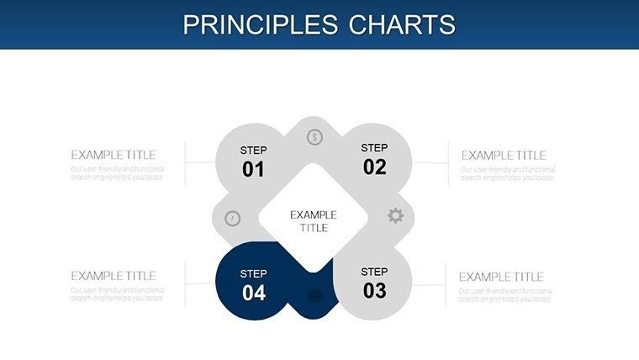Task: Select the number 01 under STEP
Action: coord(253,169)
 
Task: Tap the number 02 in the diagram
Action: coord(374,167)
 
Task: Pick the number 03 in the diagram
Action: coord(374,290)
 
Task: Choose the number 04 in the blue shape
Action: coord(253,292)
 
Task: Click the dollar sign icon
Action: coord(314,136)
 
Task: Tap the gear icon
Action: coord(395,215)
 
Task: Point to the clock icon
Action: coord(233,219)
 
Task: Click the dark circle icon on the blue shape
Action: coord(314,295)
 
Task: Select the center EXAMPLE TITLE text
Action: coord(314,221)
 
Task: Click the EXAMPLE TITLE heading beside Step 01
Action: coord(113,155)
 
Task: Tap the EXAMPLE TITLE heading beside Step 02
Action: coord(504,156)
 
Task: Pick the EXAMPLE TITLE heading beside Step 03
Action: coord(501,277)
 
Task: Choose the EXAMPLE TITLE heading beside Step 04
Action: coord(113,276)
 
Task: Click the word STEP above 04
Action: coord(253,273)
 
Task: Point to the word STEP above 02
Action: coord(374,148)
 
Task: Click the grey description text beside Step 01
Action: coord(117,173)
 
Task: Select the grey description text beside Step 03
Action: coord(504,294)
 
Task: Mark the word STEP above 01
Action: coord(253,151)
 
